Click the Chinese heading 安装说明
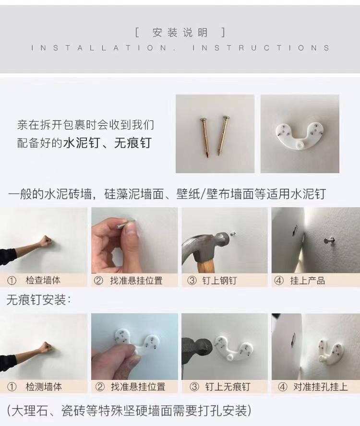click(x=180, y=33)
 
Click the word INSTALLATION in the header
click(x=99, y=48)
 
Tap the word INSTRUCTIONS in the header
click(x=261, y=48)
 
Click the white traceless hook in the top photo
click(x=300, y=136)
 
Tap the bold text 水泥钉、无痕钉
click(x=107, y=143)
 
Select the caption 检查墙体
click(x=43, y=280)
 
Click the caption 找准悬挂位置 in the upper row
click(x=136, y=280)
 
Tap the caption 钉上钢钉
click(x=219, y=280)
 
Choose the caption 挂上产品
click(x=308, y=280)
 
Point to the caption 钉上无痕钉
click(x=228, y=387)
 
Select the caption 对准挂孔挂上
click(x=320, y=387)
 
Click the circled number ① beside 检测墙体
click(x=12, y=387)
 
